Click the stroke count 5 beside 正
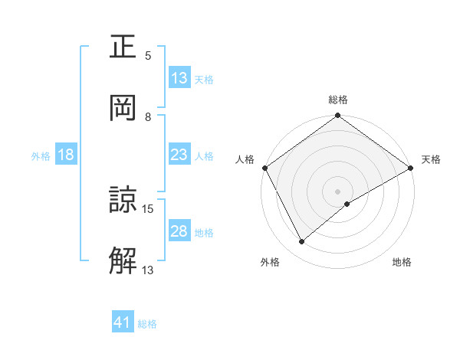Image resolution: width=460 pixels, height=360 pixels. (148, 55)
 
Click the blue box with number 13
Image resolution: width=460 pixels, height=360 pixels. (179, 78)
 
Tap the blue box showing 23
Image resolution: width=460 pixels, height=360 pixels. (179, 155)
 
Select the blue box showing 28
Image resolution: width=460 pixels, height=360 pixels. (179, 231)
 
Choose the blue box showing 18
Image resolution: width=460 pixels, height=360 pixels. (66, 155)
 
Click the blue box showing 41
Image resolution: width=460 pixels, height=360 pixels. (123, 323)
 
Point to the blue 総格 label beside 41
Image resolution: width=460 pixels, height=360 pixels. (147, 324)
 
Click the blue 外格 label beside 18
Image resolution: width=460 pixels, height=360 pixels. (41, 155)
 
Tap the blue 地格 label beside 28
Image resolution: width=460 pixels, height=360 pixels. (204, 232)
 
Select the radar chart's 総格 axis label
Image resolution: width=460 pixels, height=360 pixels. (338, 100)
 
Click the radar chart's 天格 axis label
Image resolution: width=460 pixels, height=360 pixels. (431, 159)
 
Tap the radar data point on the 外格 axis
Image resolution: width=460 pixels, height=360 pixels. (302, 241)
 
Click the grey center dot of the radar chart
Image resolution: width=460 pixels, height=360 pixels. (338, 191)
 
